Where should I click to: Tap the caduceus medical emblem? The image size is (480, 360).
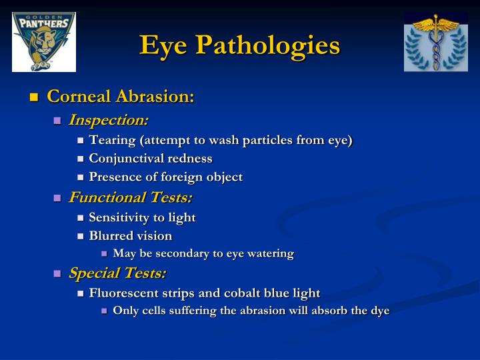tap(435, 41)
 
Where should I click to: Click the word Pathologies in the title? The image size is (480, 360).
tap(267, 45)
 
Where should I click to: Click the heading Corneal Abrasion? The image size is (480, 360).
tap(121, 97)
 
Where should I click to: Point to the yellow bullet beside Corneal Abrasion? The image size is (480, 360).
tap(34, 98)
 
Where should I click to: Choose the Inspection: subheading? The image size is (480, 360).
tap(109, 120)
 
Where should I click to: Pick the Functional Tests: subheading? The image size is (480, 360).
tap(131, 197)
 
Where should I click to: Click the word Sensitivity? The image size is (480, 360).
tap(120, 217)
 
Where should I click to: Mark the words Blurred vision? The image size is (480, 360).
tap(131, 236)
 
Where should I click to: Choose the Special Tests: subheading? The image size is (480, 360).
tap(117, 273)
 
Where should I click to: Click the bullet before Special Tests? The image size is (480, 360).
tap(57, 274)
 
